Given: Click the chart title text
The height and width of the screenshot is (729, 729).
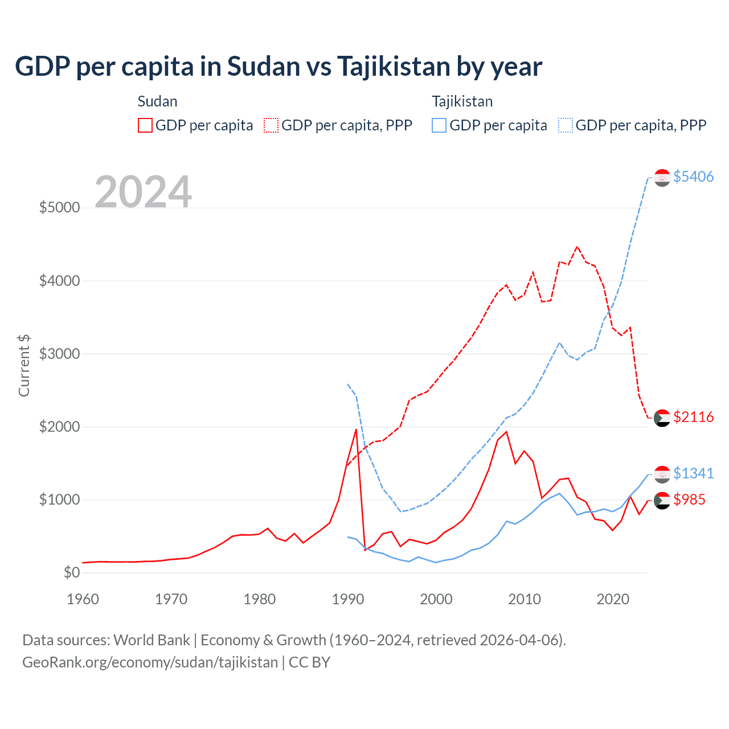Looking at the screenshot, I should (279, 66).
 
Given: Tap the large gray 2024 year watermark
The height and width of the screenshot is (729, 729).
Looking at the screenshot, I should (143, 192).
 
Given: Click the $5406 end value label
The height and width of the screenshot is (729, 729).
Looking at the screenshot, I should (693, 177).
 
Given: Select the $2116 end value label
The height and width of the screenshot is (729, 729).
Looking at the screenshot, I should (693, 417).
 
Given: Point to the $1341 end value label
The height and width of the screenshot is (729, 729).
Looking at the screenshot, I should (693, 473).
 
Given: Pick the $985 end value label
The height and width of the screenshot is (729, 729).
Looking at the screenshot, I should (689, 499).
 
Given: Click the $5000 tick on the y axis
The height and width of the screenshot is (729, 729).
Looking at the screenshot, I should (59, 207).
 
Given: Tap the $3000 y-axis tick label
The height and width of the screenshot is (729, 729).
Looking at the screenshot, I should (59, 354).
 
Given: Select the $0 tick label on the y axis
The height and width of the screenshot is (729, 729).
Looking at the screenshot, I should (71, 572).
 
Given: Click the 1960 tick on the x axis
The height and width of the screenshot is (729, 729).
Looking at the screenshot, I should (83, 599).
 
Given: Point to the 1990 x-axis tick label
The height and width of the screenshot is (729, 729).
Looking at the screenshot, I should (348, 599).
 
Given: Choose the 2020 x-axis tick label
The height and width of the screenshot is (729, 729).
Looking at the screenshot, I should (613, 599).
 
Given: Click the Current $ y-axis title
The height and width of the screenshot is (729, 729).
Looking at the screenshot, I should (24, 366).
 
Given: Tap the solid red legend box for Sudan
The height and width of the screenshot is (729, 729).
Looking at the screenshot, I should (145, 125).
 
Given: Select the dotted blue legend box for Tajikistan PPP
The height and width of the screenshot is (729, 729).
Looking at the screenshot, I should (566, 125).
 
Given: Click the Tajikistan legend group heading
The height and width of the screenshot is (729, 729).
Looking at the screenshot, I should (462, 101).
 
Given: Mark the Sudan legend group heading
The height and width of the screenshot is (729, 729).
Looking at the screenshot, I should (157, 101).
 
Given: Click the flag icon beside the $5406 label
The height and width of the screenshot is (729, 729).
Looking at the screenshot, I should (662, 178).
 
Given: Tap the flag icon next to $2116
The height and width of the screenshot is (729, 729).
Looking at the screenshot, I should (662, 418).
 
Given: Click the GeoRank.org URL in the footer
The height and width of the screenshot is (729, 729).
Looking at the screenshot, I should (150, 662).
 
